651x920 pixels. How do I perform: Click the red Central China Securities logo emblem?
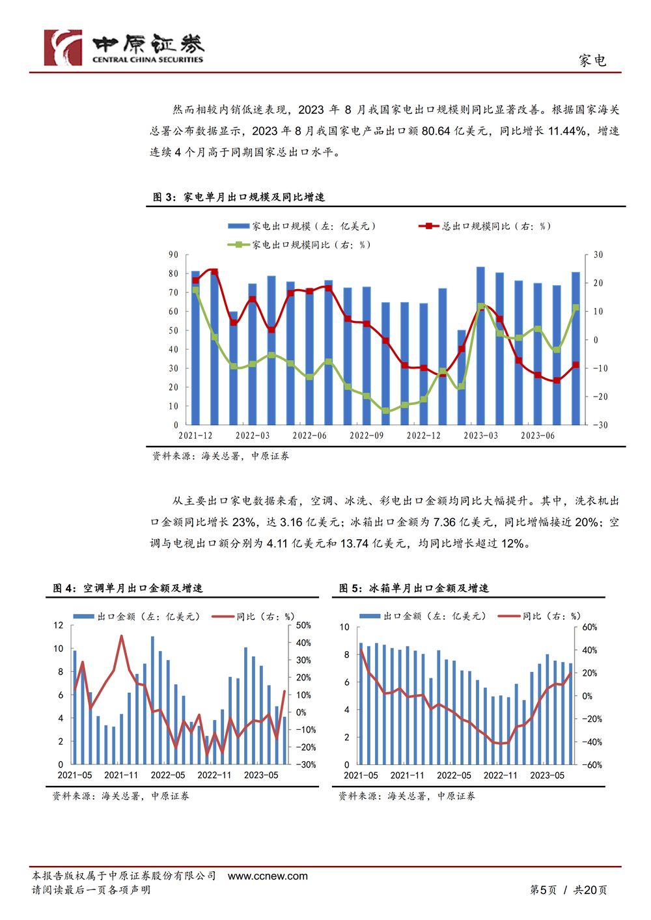click(63, 48)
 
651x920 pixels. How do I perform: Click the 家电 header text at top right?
click(592, 61)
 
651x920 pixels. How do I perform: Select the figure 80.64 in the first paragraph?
click(436, 131)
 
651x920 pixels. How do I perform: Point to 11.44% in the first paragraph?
click(567, 131)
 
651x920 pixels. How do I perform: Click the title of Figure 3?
click(239, 197)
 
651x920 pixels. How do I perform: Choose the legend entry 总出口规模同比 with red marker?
click(484, 226)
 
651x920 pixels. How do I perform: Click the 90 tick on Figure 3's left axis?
click(173, 255)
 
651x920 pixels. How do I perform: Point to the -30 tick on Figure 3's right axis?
click(600, 425)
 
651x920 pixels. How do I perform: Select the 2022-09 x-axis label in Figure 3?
click(367, 436)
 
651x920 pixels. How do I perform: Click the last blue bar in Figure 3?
click(576, 348)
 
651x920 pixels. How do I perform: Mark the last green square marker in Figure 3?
click(576, 307)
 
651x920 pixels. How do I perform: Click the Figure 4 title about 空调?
click(128, 588)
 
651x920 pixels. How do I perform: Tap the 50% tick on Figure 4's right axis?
click(303, 625)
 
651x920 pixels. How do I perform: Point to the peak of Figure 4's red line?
click(121, 635)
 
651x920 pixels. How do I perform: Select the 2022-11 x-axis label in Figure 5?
click(500, 775)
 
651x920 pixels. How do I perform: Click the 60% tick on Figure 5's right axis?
click(589, 627)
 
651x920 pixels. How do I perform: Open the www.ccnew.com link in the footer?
click(268, 876)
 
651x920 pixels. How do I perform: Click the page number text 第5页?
click(543, 890)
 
